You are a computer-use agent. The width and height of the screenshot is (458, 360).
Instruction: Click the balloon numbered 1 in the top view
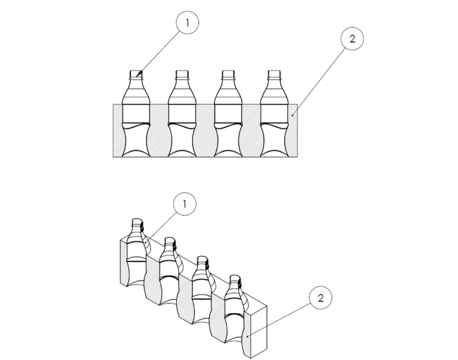[188, 23]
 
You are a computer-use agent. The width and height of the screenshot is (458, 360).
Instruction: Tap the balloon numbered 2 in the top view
[352, 39]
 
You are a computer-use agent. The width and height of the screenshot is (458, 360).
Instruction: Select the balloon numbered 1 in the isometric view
[184, 204]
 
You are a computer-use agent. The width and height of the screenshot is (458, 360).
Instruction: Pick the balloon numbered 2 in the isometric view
[321, 297]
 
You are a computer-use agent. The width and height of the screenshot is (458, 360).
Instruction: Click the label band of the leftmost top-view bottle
[136, 113]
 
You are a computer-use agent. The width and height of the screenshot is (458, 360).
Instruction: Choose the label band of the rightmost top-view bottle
[274, 113]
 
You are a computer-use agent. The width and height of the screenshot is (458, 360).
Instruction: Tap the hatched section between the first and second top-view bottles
[159, 131]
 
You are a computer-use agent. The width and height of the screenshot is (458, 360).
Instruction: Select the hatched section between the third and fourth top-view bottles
[251, 131]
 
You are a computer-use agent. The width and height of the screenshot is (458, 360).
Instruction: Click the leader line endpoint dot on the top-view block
[292, 115]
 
